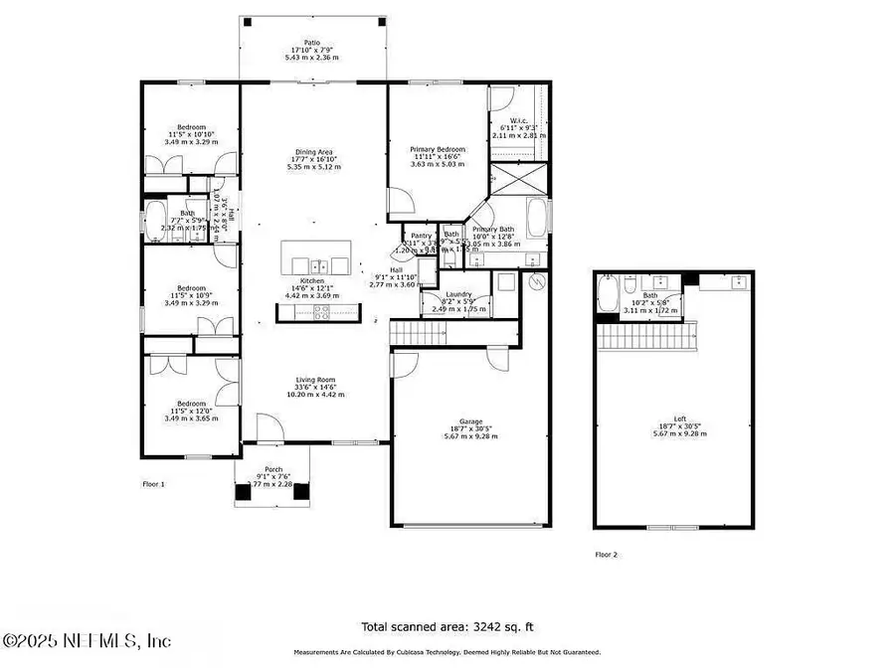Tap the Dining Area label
coord(313,152)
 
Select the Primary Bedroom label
coord(439,149)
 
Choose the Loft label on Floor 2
coord(679,419)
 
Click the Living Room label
coord(313,380)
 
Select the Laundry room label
coord(458,294)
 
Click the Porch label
coord(273,469)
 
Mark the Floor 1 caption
coord(153,484)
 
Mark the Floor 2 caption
coord(607,555)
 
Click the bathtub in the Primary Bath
coord(536,218)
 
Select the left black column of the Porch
coord(244,490)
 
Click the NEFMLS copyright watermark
coord(88,641)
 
